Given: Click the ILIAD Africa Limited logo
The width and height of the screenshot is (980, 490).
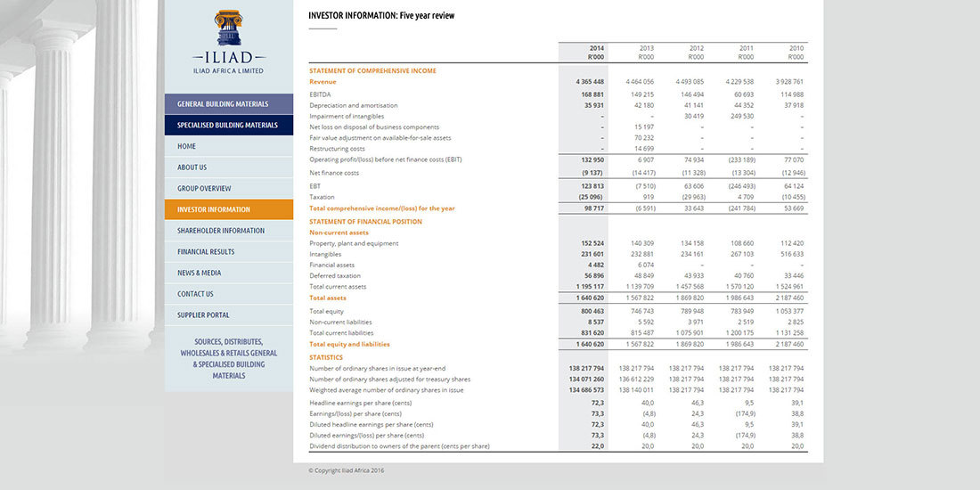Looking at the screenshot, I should click(228, 42).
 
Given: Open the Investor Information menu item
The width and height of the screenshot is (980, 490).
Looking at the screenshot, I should click(214, 209).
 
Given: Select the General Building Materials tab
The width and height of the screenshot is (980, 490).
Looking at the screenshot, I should click(223, 104).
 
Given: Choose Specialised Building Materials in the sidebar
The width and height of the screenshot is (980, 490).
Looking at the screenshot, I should click(227, 126).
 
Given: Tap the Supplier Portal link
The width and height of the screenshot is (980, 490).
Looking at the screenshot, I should click(203, 315).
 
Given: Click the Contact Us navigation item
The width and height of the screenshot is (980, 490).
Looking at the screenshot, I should click(195, 294).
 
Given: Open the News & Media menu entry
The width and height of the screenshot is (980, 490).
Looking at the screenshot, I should click(199, 273).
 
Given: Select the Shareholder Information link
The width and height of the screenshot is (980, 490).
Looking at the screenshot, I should click(221, 231).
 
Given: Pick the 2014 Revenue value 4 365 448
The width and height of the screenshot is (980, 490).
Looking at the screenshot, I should click(590, 82).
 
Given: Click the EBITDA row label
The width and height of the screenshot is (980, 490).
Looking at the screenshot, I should click(321, 94).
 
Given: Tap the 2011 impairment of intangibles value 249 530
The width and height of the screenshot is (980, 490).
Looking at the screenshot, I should click(741, 116).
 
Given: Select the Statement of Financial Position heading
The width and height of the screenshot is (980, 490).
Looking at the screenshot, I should click(365, 222).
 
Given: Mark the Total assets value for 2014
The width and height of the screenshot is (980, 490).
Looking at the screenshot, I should click(590, 298).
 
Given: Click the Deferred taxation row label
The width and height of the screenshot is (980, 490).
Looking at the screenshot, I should click(335, 276).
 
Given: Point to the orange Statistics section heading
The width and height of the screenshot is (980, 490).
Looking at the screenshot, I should click(326, 357).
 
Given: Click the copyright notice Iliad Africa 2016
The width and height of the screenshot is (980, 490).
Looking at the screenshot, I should click(347, 470).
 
